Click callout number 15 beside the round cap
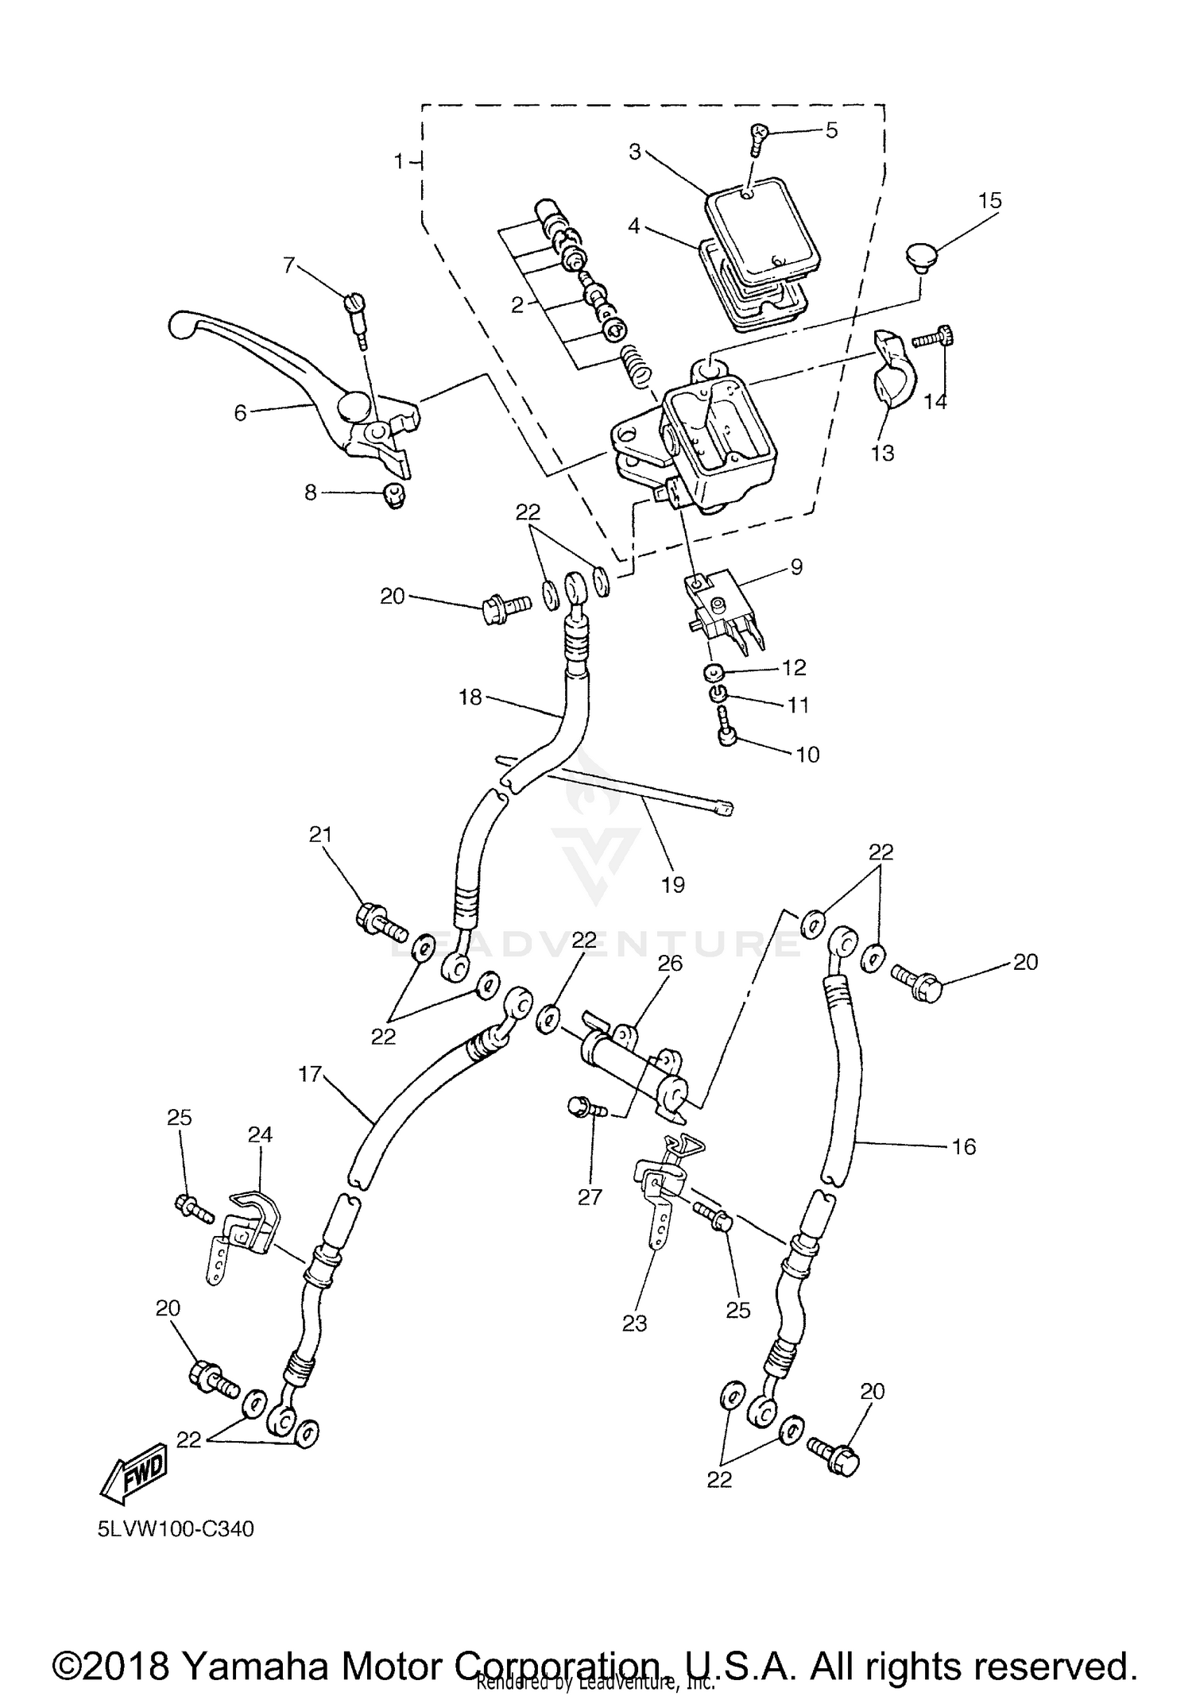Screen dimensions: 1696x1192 [x=989, y=200]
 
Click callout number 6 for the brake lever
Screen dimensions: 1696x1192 [x=240, y=412]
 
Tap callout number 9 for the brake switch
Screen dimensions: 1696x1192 [x=796, y=567]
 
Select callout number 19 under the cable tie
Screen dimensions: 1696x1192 [x=672, y=884]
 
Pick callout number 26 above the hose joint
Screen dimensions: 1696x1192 [x=670, y=964]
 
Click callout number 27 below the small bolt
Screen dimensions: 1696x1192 [x=590, y=1196]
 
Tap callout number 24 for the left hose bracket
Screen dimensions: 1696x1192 [x=260, y=1135]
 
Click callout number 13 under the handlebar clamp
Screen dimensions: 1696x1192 [x=882, y=453]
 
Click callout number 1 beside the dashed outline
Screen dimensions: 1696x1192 [x=399, y=162]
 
